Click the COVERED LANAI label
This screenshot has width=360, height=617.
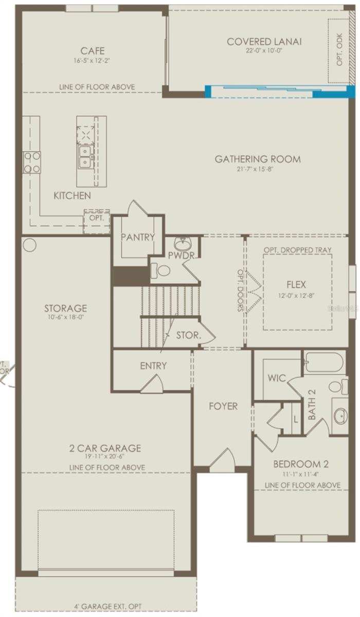[264, 42]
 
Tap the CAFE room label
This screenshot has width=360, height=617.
[93, 51]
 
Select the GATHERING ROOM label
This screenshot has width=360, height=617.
[258, 159]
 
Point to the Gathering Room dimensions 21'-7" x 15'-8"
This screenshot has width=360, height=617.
[258, 169]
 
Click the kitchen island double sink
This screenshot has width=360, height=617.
[85, 156]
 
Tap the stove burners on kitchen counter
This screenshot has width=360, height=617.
[31, 162]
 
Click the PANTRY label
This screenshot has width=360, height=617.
[138, 237]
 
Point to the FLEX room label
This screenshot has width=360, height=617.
[296, 284]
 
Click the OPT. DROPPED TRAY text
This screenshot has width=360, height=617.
[297, 250]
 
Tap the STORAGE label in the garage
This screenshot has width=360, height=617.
[65, 308]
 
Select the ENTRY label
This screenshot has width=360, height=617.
[153, 366]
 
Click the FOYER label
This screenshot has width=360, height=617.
[223, 406]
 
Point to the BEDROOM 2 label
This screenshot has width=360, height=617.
[301, 463]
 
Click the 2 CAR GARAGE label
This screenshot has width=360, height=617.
[105, 448]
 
